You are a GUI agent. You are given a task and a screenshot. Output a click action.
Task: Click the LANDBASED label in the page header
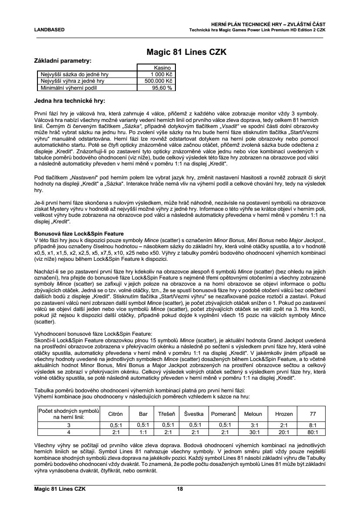point(49,30)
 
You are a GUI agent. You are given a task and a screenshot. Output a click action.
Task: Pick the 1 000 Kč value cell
point(163,74)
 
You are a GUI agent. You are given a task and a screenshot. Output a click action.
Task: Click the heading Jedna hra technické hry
point(69,101)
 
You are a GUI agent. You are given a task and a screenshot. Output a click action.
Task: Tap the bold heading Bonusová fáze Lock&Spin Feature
point(79,234)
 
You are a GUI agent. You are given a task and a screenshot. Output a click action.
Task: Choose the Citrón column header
point(115,414)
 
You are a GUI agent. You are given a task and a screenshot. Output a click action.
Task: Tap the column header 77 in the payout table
point(313,414)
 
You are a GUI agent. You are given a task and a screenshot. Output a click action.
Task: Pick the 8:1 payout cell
point(313,425)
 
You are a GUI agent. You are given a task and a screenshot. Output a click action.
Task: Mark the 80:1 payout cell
point(313,432)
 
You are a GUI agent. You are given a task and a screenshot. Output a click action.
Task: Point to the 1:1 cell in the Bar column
point(143,432)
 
